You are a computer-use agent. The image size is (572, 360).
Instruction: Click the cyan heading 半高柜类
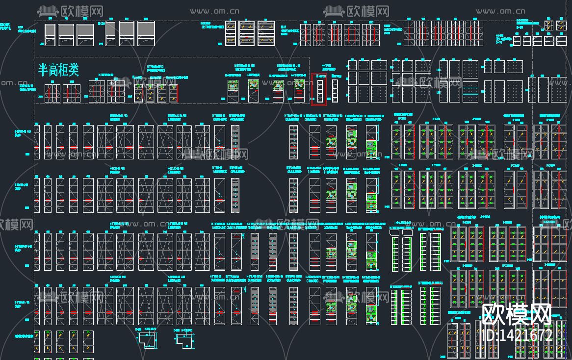(x=58, y=70)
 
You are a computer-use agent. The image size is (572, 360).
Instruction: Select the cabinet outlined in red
(x=319, y=89)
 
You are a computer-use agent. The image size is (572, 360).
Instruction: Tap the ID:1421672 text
(x=518, y=335)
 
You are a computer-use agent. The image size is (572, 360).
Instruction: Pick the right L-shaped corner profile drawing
(x=187, y=339)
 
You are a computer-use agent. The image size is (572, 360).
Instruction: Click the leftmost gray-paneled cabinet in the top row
(x=50, y=35)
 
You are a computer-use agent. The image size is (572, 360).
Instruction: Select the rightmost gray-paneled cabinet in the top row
(x=146, y=34)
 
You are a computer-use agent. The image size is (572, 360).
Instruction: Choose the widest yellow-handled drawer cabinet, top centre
(x=266, y=34)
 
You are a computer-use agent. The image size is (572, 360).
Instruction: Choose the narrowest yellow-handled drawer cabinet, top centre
(x=231, y=34)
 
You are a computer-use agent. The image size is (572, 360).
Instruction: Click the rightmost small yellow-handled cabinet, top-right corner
(x=559, y=25)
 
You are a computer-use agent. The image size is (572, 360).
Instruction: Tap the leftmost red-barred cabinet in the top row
(x=305, y=35)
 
